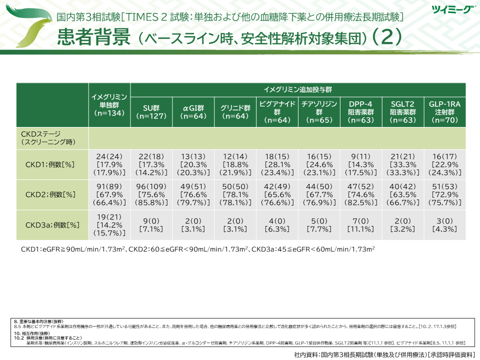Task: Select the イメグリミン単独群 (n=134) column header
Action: point(109,104)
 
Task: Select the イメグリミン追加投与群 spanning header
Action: point(298,89)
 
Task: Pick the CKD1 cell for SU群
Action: point(151,163)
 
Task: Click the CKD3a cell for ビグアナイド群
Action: point(277,225)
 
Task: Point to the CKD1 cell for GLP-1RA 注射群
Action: point(444,163)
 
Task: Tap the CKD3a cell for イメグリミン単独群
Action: point(109,225)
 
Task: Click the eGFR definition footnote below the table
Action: point(198,249)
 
